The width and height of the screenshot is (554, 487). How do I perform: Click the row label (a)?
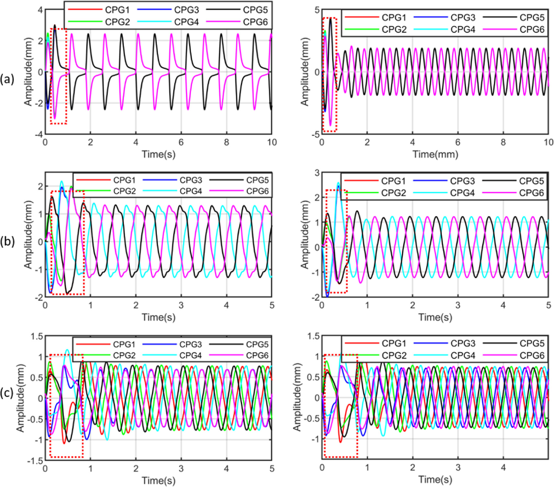[7, 79]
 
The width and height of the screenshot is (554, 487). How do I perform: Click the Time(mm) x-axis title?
[435, 154]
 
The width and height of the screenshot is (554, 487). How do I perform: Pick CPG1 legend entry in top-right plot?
[394, 17]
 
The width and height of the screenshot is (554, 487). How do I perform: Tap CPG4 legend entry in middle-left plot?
[191, 191]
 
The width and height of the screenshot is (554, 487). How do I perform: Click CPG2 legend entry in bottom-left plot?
[124, 356]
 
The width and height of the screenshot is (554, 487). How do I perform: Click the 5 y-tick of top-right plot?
[317, 10]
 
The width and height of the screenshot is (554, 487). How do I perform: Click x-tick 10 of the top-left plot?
[272, 142]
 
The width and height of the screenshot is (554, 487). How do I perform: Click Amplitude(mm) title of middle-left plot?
[28, 234]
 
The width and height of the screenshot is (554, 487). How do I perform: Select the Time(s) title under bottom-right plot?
[435, 479]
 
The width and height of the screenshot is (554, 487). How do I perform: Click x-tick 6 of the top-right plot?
[458, 142]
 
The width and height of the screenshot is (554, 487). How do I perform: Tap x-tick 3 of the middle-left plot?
[181, 305]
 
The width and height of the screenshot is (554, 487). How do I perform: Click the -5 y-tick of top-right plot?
[316, 134]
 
